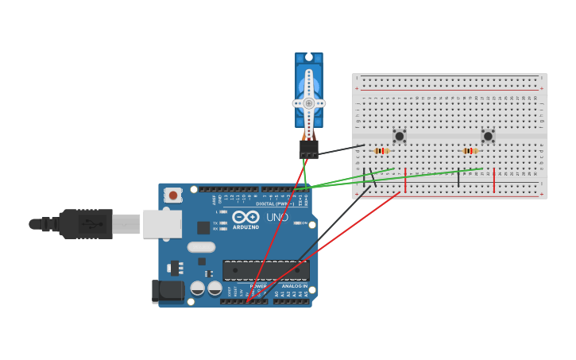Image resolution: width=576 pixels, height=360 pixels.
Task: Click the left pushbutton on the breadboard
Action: [400, 136]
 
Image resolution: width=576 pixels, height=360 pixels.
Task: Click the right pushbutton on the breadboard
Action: [488, 136]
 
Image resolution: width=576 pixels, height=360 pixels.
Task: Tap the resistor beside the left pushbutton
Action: [381, 151]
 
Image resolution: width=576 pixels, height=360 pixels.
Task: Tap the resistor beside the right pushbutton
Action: [470, 151]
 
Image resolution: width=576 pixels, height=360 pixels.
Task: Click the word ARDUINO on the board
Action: [245, 226]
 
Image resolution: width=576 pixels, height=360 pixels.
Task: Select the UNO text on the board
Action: [276, 217]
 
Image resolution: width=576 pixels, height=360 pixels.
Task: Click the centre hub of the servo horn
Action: [308, 103]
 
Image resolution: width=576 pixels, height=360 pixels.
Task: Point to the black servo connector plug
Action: [308, 149]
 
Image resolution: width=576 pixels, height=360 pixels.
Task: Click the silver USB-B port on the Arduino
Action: [162, 224]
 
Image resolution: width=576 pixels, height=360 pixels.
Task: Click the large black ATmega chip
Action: [265, 270]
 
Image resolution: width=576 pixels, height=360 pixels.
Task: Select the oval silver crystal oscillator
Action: [201, 247]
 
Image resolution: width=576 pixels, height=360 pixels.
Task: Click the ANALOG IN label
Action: [294, 286]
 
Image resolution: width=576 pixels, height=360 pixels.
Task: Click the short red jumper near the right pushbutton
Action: [494, 180]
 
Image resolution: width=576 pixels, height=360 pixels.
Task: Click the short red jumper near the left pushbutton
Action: [405, 180]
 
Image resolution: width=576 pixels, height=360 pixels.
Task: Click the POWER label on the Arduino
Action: [258, 286]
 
